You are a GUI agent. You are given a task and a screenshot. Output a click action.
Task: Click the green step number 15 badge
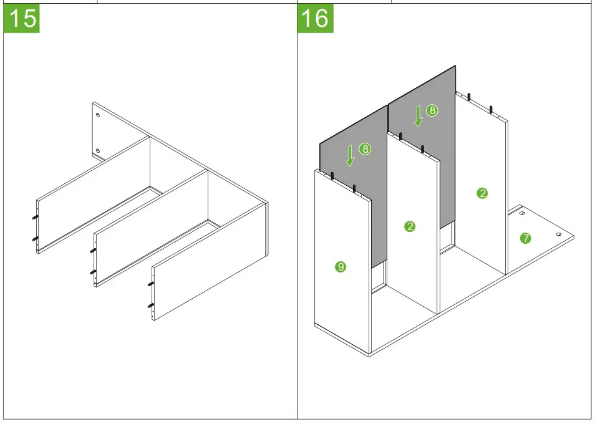click(x=21, y=18)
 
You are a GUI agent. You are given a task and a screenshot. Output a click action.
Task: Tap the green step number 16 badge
click(x=316, y=18)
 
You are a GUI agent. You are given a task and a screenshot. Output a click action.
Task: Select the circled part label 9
click(x=341, y=267)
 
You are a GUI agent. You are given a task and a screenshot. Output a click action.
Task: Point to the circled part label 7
click(x=525, y=238)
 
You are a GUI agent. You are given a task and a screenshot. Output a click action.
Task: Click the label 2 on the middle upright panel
click(x=409, y=227)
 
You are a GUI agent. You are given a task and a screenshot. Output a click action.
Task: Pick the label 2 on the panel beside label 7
click(x=482, y=193)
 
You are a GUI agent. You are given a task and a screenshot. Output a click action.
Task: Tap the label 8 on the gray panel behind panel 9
click(x=365, y=148)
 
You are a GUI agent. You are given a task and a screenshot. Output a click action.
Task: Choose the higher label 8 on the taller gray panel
click(x=432, y=110)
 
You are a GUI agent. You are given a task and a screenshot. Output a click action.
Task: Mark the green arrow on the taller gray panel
click(x=418, y=116)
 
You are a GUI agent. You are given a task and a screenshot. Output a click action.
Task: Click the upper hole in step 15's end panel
click(x=99, y=115)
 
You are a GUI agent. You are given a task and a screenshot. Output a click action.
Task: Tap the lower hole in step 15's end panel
click(x=99, y=151)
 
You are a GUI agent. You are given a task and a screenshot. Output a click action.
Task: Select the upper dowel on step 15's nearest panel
click(x=151, y=284)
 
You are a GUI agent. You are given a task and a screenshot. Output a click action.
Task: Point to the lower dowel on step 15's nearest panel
click(x=151, y=306)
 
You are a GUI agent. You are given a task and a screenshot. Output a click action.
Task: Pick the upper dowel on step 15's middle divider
click(x=93, y=251)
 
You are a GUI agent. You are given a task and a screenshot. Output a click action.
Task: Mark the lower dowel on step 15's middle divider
click(x=93, y=272)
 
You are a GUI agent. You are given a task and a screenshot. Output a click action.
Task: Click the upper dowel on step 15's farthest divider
click(x=35, y=218)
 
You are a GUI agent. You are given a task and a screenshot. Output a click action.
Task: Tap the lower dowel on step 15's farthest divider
click(x=35, y=239)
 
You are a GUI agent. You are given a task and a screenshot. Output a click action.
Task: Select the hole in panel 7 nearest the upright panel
click(x=522, y=213)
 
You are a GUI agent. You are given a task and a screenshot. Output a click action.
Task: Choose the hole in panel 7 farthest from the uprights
click(x=559, y=234)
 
